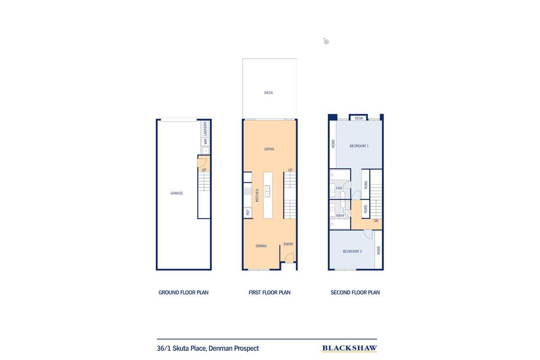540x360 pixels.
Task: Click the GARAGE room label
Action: (x=177, y=193)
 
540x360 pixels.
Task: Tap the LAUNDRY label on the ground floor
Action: (x=205, y=128)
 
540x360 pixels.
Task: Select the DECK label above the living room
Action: (x=269, y=93)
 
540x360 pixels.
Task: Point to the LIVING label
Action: (x=269, y=149)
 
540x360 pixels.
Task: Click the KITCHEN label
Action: (x=256, y=197)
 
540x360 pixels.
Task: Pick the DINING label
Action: (x=261, y=246)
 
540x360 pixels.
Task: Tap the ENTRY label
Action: (x=289, y=244)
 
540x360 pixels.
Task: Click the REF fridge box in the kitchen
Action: (x=248, y=213)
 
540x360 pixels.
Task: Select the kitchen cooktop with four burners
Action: (x=248, y=191)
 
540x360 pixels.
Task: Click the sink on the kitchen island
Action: (x=267, y=191)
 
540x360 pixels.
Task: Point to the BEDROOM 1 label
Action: (x=359, y=146)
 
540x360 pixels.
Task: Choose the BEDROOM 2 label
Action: (x=352, y=252)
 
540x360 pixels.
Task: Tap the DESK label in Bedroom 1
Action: (x=359, y=119)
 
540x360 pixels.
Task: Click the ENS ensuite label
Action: (x=339, y=188)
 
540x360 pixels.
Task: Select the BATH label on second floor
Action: (x=340, y=216)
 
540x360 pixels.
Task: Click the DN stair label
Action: (x=375, y=221)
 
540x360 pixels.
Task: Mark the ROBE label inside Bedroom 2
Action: (x=378, y=250)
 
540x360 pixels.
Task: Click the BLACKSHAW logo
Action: (x=350, y=348)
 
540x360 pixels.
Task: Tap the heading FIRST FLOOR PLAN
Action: (x=270, y=292)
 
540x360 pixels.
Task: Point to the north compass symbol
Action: (x=326, y=42)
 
